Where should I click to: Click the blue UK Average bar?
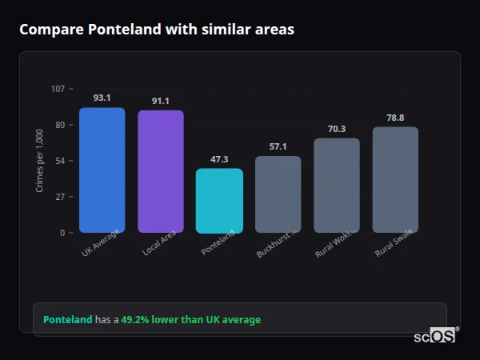click(102, 170)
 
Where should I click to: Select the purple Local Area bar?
click(161, 172)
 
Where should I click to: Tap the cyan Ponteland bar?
click(219, 201)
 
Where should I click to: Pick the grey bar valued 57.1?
click(278, 194)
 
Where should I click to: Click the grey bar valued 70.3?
click(337, 186)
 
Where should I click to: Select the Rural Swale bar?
click(395, 180)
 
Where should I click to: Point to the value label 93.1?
click(102, 98)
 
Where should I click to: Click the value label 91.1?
click(161, 101)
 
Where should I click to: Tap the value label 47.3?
click(219, 159)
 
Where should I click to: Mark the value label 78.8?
click(395, 118)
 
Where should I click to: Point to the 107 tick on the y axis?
click(58, 89)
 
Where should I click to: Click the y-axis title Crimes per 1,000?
click(40, 161)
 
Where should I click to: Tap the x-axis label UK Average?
click(100, 243)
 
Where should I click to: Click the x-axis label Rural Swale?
click(394, 244)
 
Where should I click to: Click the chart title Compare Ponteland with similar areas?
click(156, 30)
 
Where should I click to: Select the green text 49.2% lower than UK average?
click(190, 319)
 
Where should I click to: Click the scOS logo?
click(434, 336)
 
